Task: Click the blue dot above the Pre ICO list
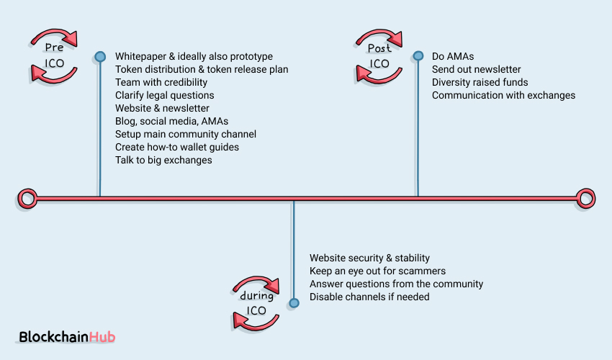click(x=100, y=57)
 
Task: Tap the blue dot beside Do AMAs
click(x=418, y=56)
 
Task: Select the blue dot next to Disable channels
click(x=293, y=302)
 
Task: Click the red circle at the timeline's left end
click(x=27, y=197)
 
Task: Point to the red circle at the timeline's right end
click(x=586, y=197)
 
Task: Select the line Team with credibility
click(x=161, y=82)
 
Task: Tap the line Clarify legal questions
click(x=164, y=95)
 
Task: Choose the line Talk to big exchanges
click(x=163, y=160)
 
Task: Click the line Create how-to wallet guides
click(x=177, y=147)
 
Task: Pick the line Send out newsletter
click(x=476, y=69)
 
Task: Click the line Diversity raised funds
click(x=480, y=82)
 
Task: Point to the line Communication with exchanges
click(x=503, y=95)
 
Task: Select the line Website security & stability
click(x=369, y=258)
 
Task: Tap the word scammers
click(x=423, y=271)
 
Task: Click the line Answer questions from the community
click(x=396, y=284)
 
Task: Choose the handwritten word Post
click(x=379, y=48)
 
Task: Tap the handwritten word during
click(x=257, y=296)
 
